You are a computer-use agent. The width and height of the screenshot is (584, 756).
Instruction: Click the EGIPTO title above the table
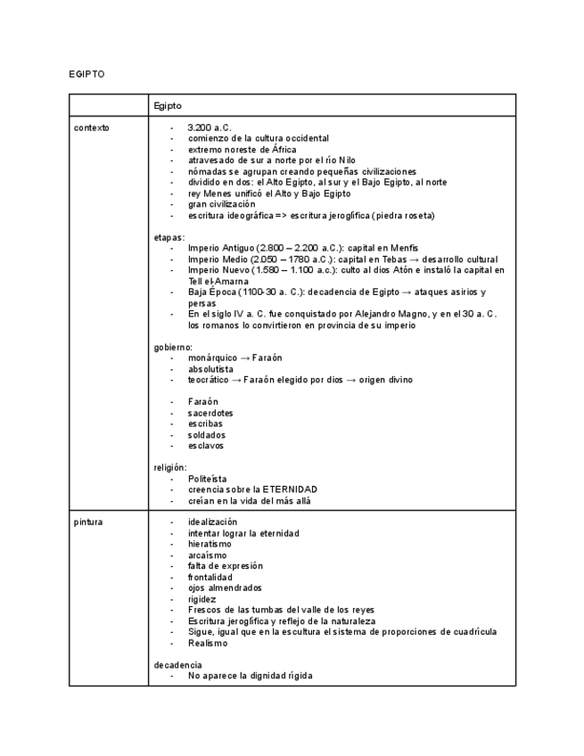point(86,74)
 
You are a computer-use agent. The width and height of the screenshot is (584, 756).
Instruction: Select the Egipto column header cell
point(168,106)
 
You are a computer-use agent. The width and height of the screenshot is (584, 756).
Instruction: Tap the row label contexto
point(92,127)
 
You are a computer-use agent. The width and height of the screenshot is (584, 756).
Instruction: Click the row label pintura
point(88,522)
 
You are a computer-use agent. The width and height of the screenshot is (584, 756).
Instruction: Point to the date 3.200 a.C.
point(210,127)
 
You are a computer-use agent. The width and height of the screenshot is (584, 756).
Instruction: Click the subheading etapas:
point(169,237)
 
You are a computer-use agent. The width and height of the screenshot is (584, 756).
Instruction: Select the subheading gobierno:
point(173,347)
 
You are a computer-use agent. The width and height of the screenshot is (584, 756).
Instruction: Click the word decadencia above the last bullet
point(177,665)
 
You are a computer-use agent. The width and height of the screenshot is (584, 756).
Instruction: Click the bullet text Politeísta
point(208,479)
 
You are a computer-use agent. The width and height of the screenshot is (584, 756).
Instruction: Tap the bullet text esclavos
point(206,446)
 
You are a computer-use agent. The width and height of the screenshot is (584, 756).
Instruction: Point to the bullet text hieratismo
point(210,544)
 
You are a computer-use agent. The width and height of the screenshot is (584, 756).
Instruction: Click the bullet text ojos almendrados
point(225,588)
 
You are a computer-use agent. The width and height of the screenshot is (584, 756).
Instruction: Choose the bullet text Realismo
point(208,643)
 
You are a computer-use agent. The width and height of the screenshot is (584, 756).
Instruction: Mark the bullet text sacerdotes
point(210,413)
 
